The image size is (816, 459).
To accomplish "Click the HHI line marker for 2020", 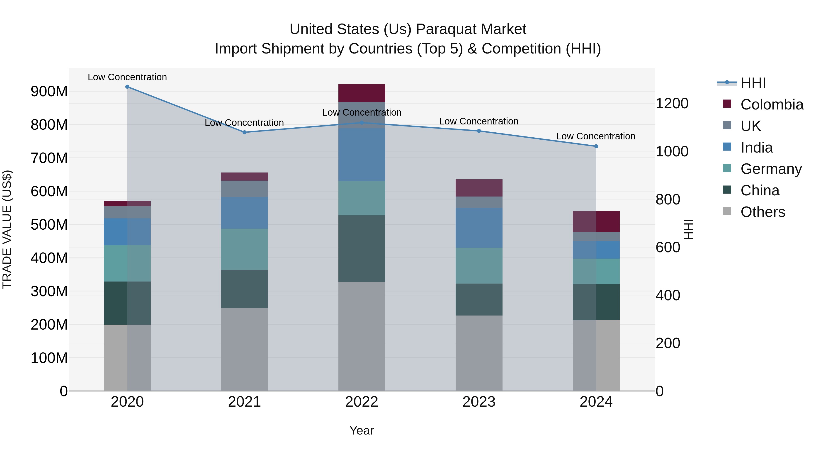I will click(127, 87).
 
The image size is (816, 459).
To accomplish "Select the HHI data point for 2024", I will click(596, 146).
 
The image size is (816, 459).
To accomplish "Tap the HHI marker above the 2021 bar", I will click(244, 132).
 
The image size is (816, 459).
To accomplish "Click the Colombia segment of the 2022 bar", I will click(362, 93).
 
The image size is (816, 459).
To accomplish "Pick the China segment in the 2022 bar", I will click(362, 249).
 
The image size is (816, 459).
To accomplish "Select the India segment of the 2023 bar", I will click(479, 228).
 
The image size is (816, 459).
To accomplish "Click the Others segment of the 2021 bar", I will click(244, 349).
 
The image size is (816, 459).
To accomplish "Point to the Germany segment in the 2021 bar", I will click(244, 249).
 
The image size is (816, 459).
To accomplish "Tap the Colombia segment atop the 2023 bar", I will click(479, 188).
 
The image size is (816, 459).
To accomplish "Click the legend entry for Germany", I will click(771, 169).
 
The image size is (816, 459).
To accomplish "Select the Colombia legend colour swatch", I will click(727, 104).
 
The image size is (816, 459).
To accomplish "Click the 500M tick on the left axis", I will click(49, 225).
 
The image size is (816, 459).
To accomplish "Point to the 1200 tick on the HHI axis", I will click(672, 104).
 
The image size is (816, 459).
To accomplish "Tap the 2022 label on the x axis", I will click(362, 402).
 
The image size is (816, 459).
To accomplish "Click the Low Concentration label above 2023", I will click(479, 121).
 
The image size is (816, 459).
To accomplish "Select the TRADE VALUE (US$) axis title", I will click(7, 229).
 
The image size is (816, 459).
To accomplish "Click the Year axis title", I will click(362, 430).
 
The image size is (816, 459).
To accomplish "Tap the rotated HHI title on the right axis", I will click(689, 229).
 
